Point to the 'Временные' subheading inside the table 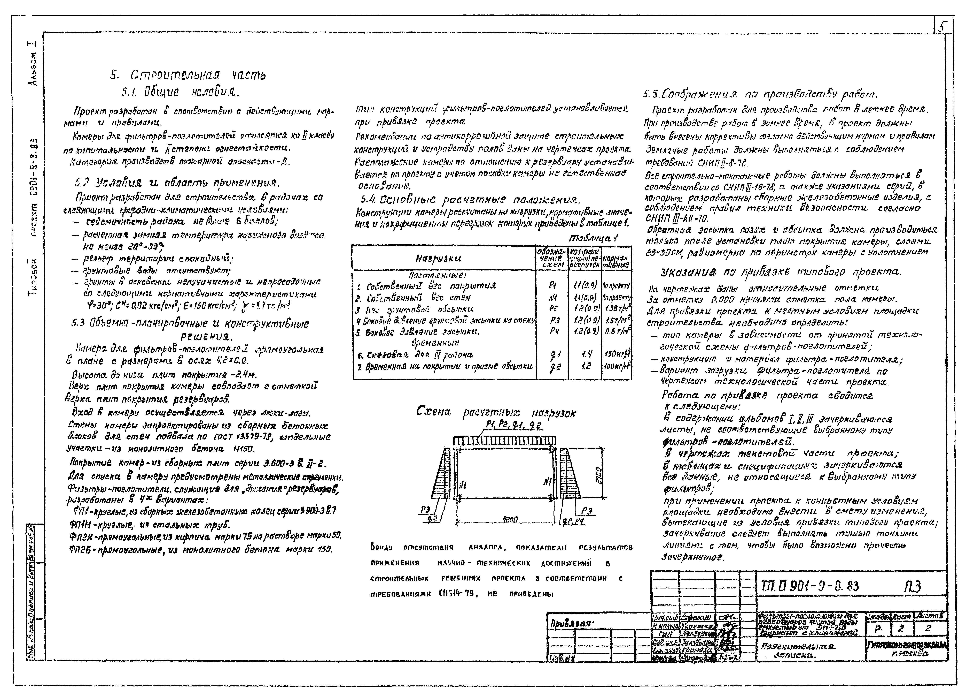coord(435,343)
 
